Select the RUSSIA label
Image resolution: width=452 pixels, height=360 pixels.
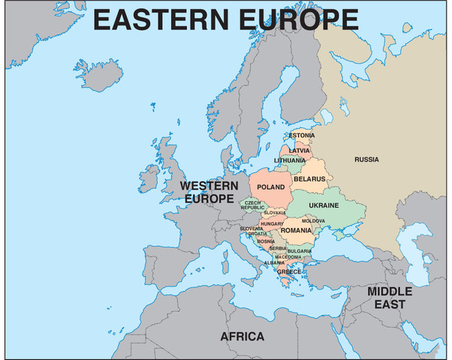(x=366, y=159)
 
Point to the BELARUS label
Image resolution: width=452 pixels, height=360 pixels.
(x=310, y=179)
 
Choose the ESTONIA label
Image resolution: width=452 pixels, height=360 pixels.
(x=302, y=136)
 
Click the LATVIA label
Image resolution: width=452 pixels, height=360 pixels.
(x=300, y=150)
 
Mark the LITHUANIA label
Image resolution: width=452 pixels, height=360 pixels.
(x=290, y=160)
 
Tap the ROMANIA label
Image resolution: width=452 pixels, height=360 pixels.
(x=296, y=230)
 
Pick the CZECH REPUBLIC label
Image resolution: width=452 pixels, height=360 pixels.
(x=252, y=205)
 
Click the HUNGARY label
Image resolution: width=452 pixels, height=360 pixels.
(x=271, y=223)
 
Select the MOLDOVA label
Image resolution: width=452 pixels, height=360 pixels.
(x=313, y=220)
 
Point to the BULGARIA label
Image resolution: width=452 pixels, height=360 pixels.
(x=300, y=250)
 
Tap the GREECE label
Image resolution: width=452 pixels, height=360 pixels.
(x=289, y=271)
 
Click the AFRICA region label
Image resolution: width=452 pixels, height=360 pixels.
(x=242, y=337)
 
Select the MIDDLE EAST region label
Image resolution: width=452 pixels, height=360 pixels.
(x=390, y=297)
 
